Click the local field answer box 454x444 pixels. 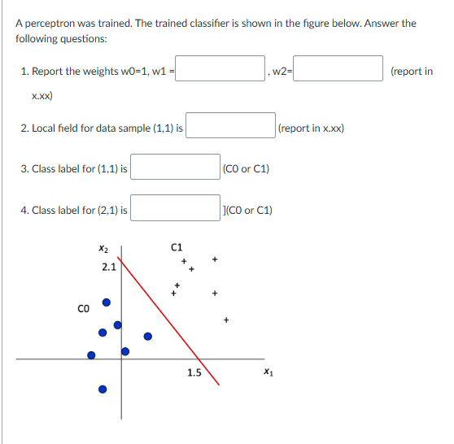point(231,127)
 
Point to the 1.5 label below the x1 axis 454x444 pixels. point(194,373)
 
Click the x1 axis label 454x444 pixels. point(268,373)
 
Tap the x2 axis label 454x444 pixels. point(102,248)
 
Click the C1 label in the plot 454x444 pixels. point(177,246)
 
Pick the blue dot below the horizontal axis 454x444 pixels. point(102,389)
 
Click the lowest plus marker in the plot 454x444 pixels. point(227,319)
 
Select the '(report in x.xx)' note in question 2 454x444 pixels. point(311,128)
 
